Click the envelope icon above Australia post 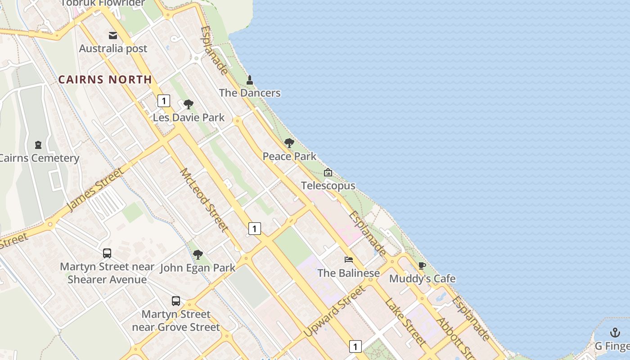[x=113, y=35]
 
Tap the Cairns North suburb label [x=105, y=80]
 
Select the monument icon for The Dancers [x=250, y=80]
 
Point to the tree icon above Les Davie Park [x=189, y=104]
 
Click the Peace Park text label [x=289, y=157]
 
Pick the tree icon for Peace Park [x=289, y=143]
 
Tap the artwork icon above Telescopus [x=328, y=172]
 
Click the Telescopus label [x=328, y=185]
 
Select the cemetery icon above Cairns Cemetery [x=38, y=145]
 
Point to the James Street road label [x=95, y=189]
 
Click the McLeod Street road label [x=204, y=200]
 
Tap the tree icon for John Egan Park [x=198, y=255]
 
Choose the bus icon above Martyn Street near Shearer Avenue [x=107, y=253]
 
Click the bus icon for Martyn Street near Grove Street [x=176, y=301]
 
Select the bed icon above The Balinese [x=349, y=259]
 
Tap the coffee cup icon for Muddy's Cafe [x=422, y=265]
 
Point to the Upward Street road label [x=334, y=311]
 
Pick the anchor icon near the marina [x=615, y=333]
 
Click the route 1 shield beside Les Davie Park [x=164, y=101]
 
